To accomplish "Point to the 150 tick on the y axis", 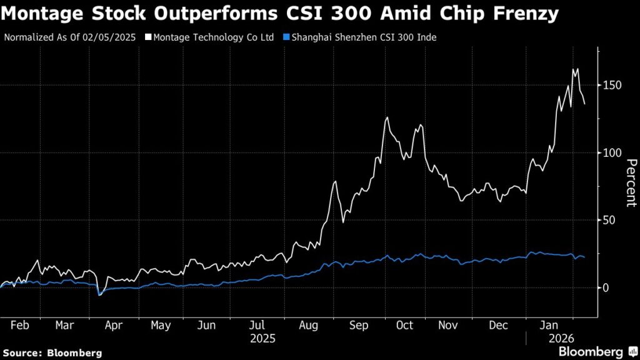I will pyautogui.click(x=612, y=85).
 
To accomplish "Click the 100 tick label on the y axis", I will pyautogui.click(x=612, y=152).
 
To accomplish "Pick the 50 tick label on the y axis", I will pyautogui.click(x=609, y=220).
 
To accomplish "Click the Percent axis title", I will pyautogui.click(x=631, y=182).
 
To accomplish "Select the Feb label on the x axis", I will pyautogui.click(x=20, y=326).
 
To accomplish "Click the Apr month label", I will pyautogui.click(x=113, y=326).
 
